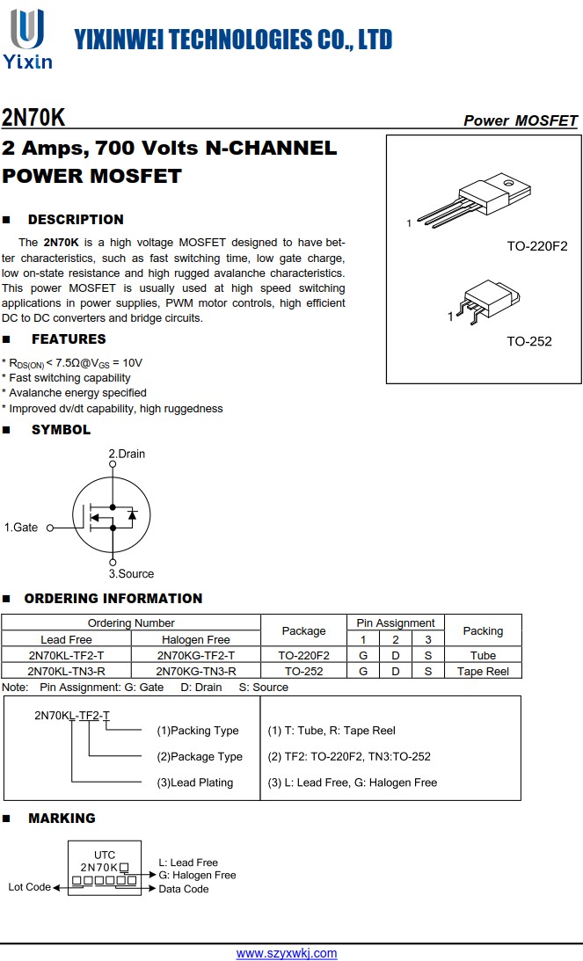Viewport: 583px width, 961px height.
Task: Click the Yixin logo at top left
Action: pos(27,39)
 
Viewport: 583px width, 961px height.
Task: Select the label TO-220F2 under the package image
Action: pos(536,246)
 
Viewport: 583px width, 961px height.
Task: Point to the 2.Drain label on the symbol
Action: pos(127,454)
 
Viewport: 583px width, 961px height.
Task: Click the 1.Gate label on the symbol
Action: pos(21,528)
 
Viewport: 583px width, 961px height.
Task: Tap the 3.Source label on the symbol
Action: pos(131,574)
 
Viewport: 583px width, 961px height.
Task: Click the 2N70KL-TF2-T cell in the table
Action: pos(66,655)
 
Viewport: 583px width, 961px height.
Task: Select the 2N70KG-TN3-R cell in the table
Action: pos(195,671)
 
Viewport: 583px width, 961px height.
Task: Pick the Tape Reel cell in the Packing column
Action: pos(483,671)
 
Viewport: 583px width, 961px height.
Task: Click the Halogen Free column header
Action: pos(195,639)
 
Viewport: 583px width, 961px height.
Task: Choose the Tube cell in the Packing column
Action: pos(483,655)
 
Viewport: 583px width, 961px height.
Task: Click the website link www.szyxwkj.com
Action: pos(287,953)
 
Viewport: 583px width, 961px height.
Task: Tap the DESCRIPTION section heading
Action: pos(76,220)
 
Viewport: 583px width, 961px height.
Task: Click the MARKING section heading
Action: pos(62,819)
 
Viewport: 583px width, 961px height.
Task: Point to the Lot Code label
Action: pos(30,887)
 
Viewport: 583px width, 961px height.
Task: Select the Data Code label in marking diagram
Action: pos(184,889)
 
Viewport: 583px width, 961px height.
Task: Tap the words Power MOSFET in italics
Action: pos(521,120)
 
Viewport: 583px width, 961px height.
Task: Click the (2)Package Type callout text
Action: pos(200,756)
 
